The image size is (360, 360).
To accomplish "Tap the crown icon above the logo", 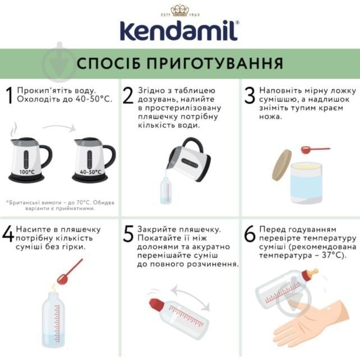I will (x=180, y=9).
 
